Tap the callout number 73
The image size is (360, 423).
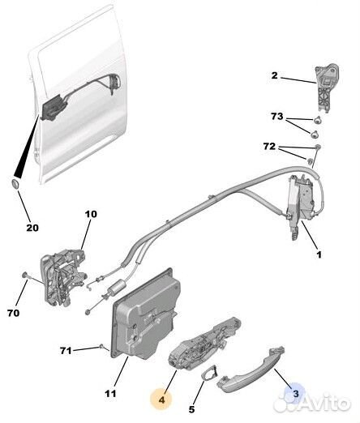click(x=276, y=118)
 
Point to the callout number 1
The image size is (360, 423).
click(x=319, y=254)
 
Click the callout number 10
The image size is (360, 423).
click(x=90, y=214)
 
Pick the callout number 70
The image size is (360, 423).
click(x=12, y=310)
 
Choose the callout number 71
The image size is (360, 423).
click(x=66, y=350)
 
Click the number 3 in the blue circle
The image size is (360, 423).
click(x=296, y=393)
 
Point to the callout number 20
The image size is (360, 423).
click(x=32, y=228)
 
